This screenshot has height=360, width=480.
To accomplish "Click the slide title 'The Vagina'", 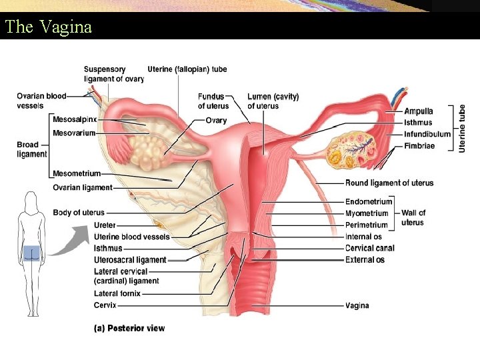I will pyautogui.click(x=48, y=27).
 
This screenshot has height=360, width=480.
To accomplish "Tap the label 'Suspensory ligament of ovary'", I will pyautogui.click(x=113, y=74).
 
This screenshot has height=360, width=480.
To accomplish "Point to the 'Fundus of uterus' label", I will pyautogui.click(x=213, y=101).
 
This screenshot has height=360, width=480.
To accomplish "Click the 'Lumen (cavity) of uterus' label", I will pyautogui.click(x=273, y=101).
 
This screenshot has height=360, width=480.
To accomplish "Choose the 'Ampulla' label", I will pyautogui.click(x=418, y=111).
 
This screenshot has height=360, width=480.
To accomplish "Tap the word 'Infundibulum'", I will pyautogui.click(x=427, y=134).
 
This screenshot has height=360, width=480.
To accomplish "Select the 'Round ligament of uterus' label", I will pyautogui.click(x=389, y=183).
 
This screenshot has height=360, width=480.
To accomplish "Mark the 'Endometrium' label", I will pyautogui.click(x=368, y=202).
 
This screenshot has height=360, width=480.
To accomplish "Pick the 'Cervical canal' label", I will pyautogui.click(x=369, y=248).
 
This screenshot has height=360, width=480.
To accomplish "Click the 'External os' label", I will pyautogui.click(x=365, y=259).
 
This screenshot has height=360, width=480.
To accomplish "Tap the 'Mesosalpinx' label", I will pyautogui.click(x=75, y=119).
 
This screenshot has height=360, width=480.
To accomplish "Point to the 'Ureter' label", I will pyautogui.click(x=105, y=225).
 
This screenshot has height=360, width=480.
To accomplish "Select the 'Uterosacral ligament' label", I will pyautogui.click(x=130, y=259).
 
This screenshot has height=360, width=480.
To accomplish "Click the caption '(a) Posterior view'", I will pyautogui.click(x=127, y=328).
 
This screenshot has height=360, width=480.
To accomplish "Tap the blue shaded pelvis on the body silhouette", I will pyautogui.click(x=31, y=253).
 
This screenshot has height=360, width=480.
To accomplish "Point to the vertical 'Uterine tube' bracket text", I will pyautogui.click(x=462, y=129).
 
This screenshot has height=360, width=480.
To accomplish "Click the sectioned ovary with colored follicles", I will pyautogui.click(x=349, y=151).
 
